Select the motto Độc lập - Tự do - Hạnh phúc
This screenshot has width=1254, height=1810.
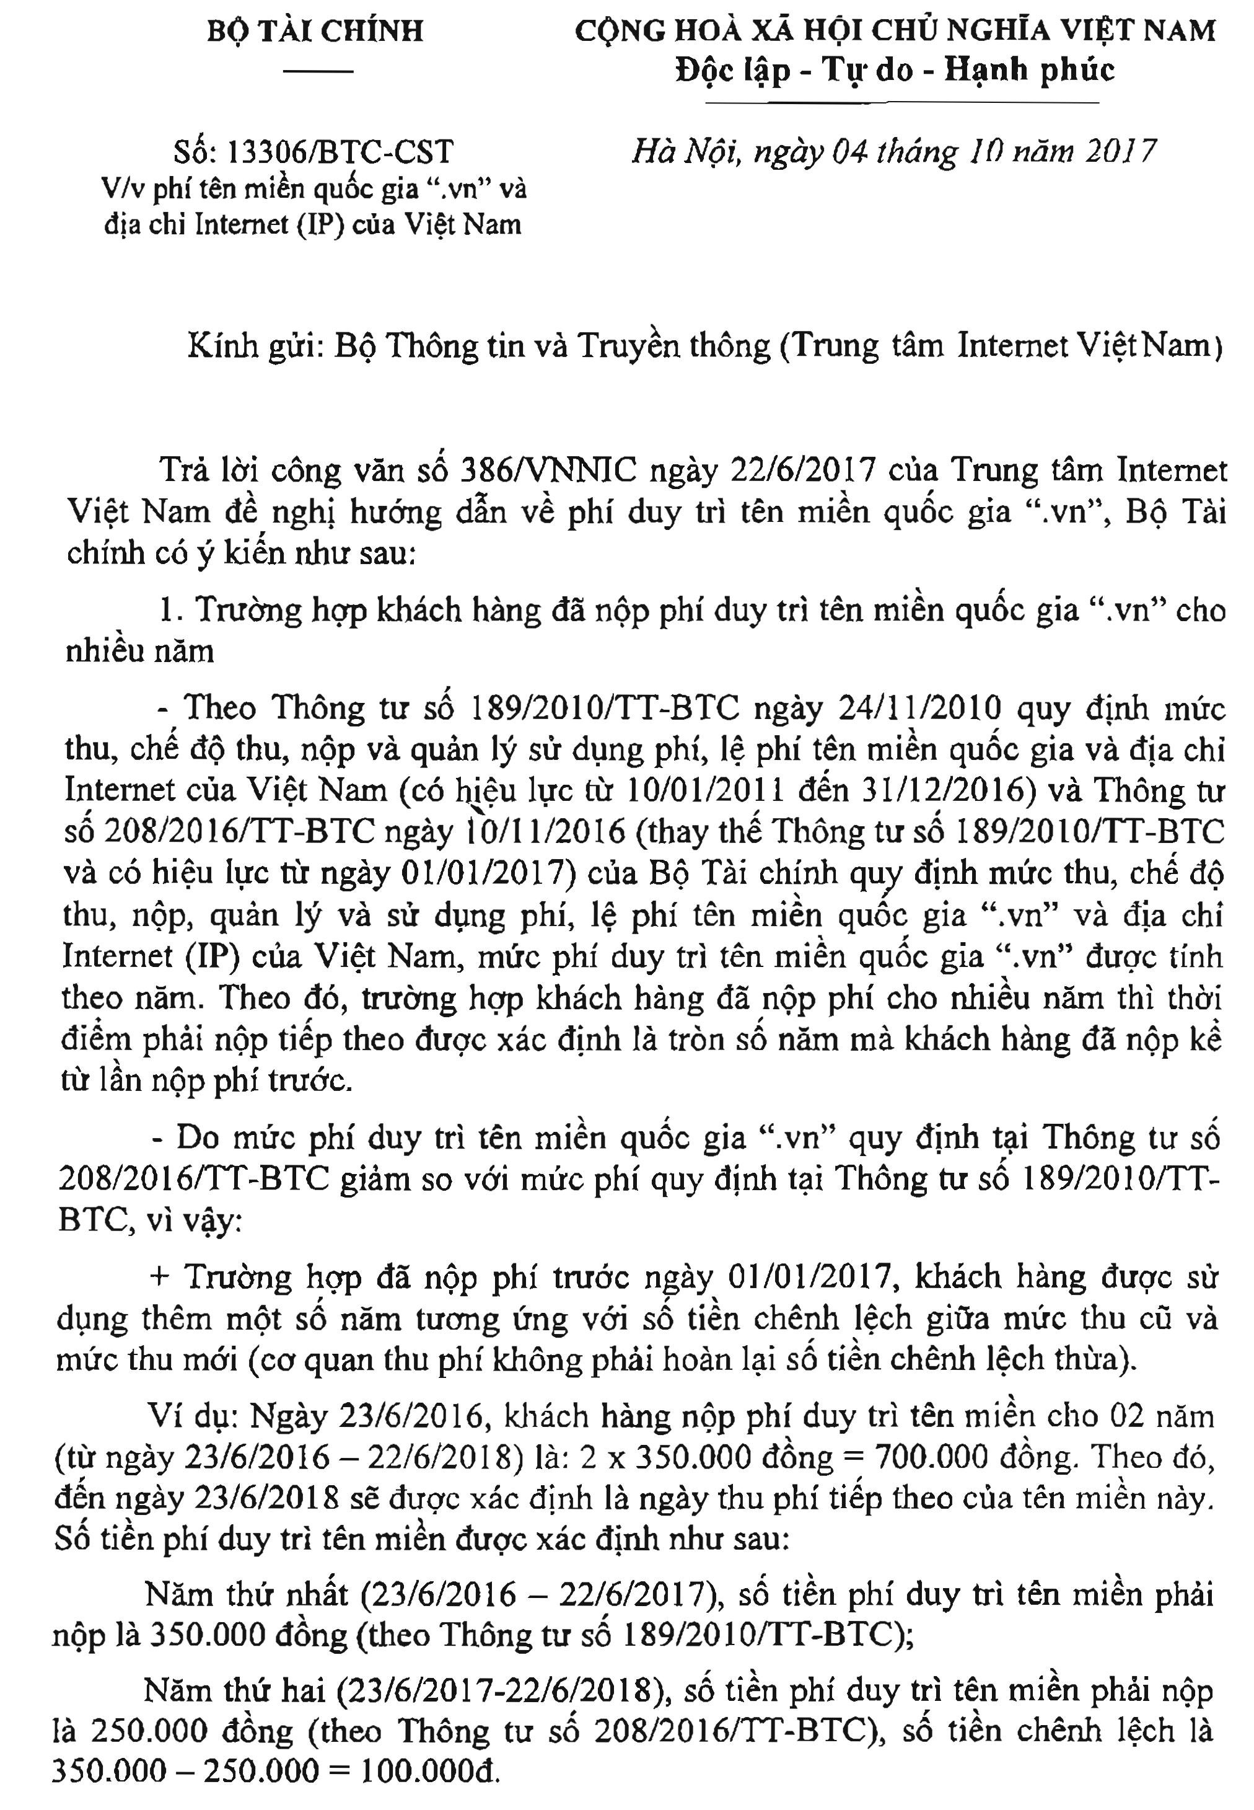pos(894,71)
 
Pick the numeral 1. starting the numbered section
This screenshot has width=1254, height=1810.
pos(170,610)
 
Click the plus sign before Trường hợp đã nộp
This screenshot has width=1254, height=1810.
pos(160,1276)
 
